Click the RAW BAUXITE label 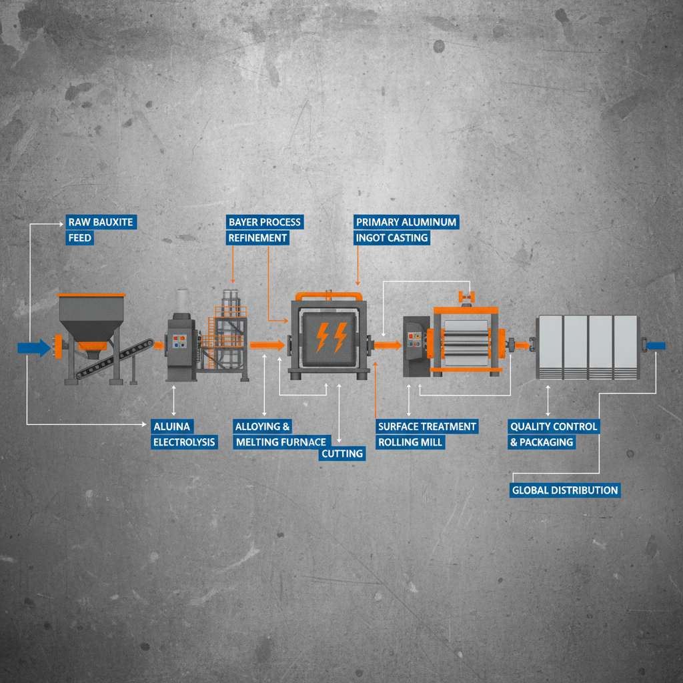click(x=101, y=222)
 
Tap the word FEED click(x=80, y=238)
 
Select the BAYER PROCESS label click(x=265, y=222)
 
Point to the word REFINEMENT click(x=257, y=238)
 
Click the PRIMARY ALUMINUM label click(x=406, y=222)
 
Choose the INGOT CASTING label click(x=392, y=238)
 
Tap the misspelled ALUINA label click(x=172, y=426)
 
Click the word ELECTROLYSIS click(x=184, y=442)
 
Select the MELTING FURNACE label click(x=281, y=442)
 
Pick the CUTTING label click(x=342, y=454)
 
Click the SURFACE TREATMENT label click(x=427, y=426)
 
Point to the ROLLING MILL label click(x=410, y=442)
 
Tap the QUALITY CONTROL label click(x=554, y=426)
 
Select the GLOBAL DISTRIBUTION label click(x=565, y=490)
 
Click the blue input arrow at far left click(x=34, y=348)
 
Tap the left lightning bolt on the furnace click(x=322, y=337)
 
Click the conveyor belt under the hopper click(x=114, y=359)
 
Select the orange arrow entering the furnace click(x=267, y=346)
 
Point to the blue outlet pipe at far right click(x=656, y=346)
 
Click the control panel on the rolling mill click(x=414, y=339)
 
